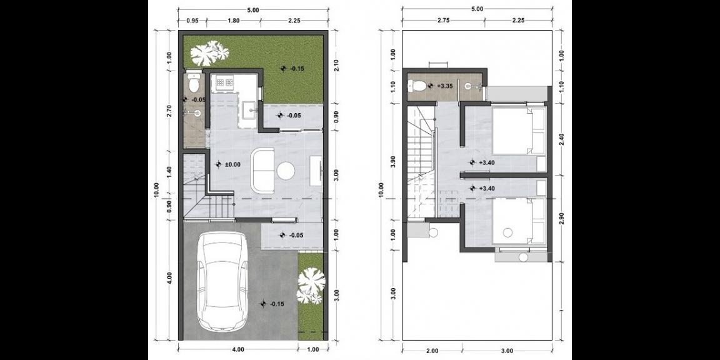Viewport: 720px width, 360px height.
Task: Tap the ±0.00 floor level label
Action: (x=232, y=164)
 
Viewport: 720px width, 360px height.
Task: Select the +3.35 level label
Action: (x=444, y=86)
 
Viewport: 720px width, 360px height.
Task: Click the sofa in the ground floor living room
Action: (x=263, y=170)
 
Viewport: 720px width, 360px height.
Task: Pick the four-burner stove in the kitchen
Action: (x=222, y=82)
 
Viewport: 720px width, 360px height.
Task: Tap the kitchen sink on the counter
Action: (x=250, y=110)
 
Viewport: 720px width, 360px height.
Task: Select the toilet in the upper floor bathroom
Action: (x=419, y=85)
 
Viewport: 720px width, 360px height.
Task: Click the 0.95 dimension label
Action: (x=192, y=21)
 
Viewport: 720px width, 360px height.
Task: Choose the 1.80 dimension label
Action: (x=234, y=21)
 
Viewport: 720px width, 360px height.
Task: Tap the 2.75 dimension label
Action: (x=444, y=21)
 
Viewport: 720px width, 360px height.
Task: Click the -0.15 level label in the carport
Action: (x=276, y=304)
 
